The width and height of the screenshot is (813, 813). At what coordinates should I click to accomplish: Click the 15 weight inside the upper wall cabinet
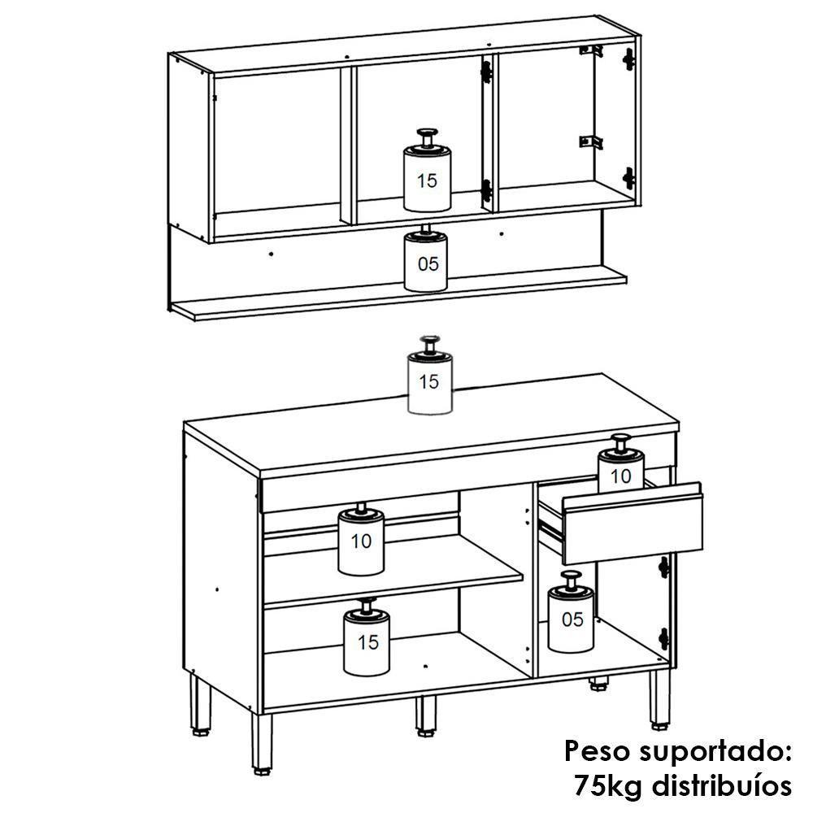(x=426, y=177)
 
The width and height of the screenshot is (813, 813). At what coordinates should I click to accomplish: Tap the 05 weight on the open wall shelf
(x=426, y=262)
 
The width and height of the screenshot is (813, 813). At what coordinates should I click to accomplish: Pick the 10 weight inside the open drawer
(x=620, y=471)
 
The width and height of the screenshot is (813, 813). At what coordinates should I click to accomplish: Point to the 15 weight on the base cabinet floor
(x=367, y=642)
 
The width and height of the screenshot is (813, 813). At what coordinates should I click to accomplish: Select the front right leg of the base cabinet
(x=659, y=698)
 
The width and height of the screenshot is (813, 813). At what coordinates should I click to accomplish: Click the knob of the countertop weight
(x=428, y=342)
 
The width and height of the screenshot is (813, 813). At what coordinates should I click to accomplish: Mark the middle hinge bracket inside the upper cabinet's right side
(x=590, y=142)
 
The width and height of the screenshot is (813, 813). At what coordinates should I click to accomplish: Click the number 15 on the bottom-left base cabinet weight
(x=367, y=642)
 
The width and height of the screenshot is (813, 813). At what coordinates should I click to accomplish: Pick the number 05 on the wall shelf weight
(x=427, y=263)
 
